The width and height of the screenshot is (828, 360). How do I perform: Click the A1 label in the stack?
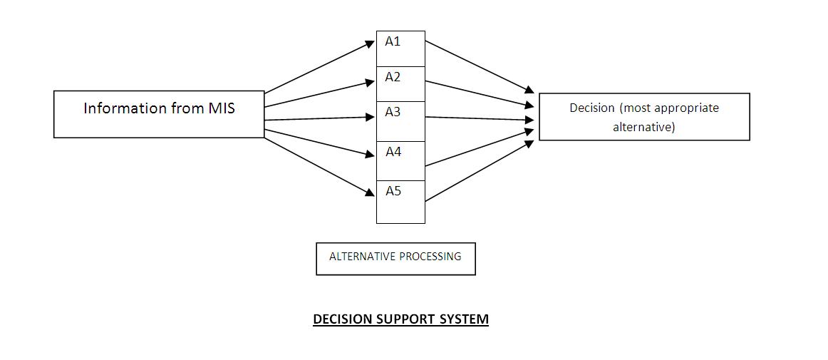(x=393, y=41)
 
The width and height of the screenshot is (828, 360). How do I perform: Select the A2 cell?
(x=400, y=84)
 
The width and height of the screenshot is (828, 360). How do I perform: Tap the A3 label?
(x=393, y=112)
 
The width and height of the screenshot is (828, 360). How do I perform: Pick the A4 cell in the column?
(x=400, y=160)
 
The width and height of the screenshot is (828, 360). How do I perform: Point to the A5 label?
(x=393, y=191)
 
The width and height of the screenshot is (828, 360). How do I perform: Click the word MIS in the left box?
(x=222, y=108)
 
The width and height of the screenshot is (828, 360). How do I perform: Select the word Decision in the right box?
(x=591, y=108)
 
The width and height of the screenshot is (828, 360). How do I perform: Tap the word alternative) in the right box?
(x=643, y=128)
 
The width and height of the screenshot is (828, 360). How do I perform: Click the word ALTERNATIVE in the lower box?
(x=358, y=257)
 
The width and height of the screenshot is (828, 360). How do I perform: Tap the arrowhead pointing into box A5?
(x=370, y=192)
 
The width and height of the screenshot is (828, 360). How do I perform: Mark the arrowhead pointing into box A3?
(x=370, y=118)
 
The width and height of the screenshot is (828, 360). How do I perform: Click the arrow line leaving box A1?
(x=477, y=66)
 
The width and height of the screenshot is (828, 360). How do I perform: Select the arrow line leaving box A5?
(x=477, y=171)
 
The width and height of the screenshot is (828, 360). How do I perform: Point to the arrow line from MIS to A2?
(x=317, y=94)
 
